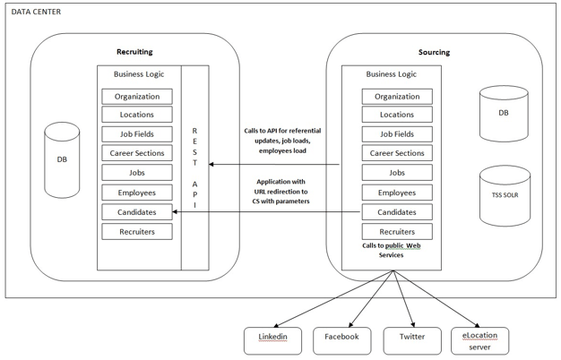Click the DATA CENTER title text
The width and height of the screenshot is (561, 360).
(37, 11)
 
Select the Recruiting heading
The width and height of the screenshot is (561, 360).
(134, 52)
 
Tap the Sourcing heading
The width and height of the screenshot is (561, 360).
(434, 52)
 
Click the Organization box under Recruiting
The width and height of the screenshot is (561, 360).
(137, 97)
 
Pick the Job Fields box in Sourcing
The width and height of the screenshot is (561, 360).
(397, 134)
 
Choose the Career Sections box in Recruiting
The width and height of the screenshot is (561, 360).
(137, 154)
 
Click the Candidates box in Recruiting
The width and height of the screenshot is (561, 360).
(137, 212)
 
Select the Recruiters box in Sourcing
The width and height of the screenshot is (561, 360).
(397, 231)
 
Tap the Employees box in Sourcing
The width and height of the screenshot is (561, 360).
(397, 193)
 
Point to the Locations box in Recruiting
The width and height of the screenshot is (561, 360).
(137, 116)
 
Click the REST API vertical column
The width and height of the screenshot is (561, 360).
(194, 167)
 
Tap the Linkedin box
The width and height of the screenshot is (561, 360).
(273, 339)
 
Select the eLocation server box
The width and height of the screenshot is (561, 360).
(479, 339)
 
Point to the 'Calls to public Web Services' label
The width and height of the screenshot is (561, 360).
(391, 250)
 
